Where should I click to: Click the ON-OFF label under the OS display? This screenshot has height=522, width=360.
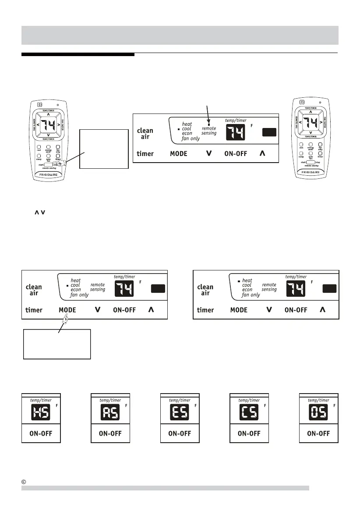tap(318, 433)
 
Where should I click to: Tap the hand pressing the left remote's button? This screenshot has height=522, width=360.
tap(67, 163)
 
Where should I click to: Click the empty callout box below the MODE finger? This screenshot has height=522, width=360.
tap(57, 344)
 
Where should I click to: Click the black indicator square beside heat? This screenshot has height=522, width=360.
tap(239, 281)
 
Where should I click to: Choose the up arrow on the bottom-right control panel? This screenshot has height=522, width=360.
tap(323, 309)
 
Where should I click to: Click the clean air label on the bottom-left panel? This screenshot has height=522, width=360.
tap(34, 290)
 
